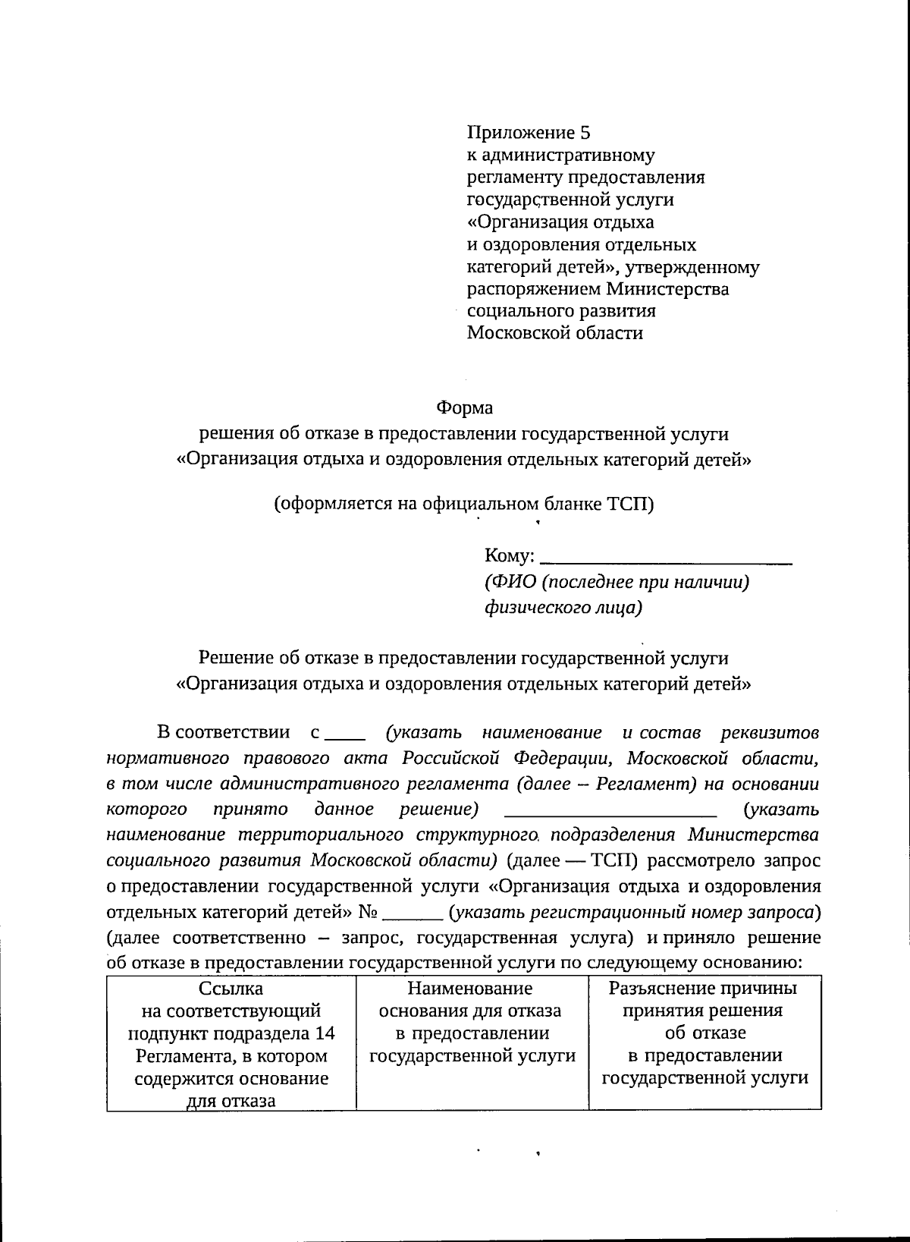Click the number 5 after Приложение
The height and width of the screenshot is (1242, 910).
[584, 134]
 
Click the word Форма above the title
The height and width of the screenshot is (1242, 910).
[464, 408]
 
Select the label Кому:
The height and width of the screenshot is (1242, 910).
[510, 556]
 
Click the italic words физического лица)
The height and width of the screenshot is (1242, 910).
[563, 608]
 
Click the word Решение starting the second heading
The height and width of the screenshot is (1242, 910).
[235, 658]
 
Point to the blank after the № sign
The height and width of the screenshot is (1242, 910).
[413, 914]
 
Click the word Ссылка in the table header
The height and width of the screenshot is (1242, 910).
[231, 989]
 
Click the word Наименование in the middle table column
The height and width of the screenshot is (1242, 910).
[470, 989]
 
